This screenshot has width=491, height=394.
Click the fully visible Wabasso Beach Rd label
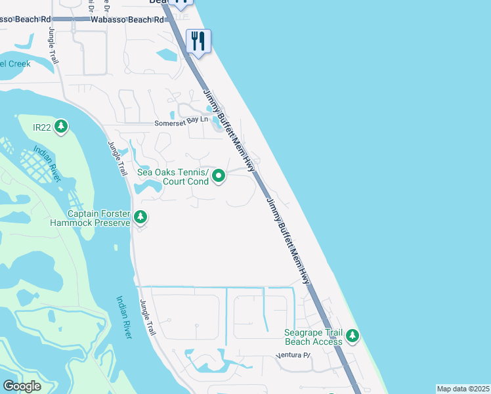pos(127,20)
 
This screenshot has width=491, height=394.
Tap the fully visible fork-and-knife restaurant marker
pos(198,41)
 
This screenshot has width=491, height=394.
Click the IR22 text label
pos(42,125)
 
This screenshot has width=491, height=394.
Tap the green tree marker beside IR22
pos(61,125)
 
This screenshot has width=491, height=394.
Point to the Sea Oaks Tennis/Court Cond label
pos(173,177)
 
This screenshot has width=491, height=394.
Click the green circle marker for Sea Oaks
pos(219,175)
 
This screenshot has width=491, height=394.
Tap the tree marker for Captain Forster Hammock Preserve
pos(140,217)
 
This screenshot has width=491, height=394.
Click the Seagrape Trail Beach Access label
pos(313,337)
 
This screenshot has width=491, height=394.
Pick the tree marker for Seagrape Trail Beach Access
pos(352,336)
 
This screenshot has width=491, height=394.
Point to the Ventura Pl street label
pos(292,356)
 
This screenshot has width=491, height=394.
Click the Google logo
pos(22,386)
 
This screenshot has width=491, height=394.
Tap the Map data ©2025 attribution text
pos(463,389)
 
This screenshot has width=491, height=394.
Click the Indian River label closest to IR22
pos(50,165)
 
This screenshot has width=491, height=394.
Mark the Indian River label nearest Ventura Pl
pos(123,317)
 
